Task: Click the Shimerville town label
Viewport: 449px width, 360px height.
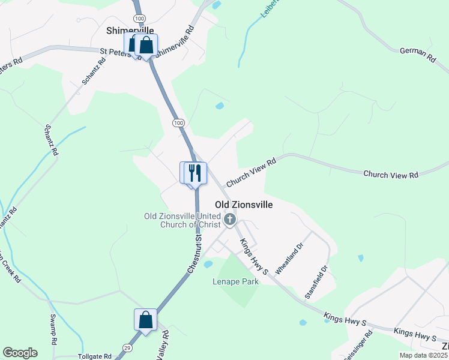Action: tap(130, 30)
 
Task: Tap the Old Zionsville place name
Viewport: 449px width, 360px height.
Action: tap(244, 205)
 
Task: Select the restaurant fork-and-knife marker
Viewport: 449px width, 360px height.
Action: tap(194, 173)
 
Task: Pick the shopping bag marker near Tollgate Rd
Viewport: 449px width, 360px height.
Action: tap(145, 319)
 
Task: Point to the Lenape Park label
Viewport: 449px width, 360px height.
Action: tap(235, 281)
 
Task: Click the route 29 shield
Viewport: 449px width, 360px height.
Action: tap(127, 347)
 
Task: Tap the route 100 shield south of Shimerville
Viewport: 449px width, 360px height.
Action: tap(178, 122)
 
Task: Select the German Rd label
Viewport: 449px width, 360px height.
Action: tap(417, 56)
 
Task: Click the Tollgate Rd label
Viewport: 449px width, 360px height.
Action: tap(95, 356)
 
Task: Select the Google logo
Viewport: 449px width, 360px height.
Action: tap(20, 353)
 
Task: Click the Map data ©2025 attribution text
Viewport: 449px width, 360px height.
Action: tap(424, 355)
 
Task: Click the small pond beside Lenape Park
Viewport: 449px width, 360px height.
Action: tap(208, 264)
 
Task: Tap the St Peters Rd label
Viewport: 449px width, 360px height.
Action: tap(119, 52)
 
